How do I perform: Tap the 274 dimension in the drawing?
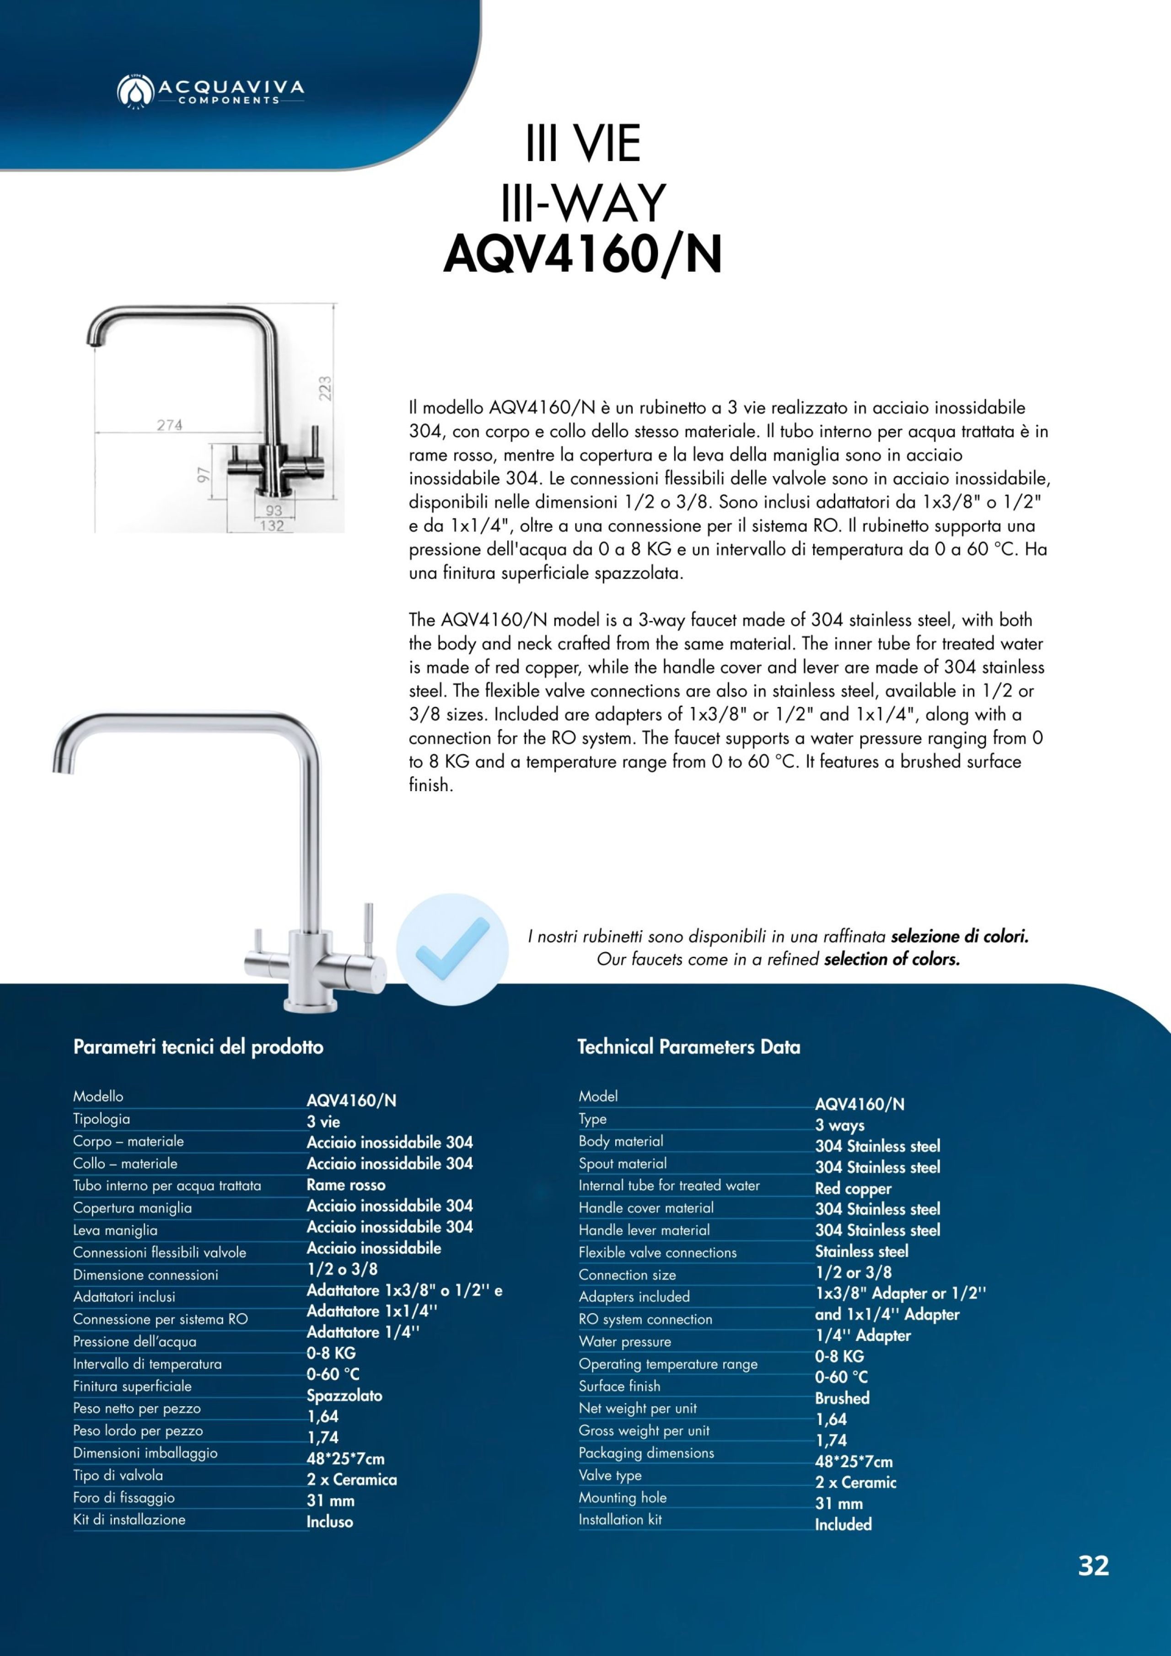[170, 425]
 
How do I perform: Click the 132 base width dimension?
[272, 526]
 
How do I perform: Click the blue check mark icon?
[452, 949]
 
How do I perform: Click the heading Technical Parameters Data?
[688, 1046]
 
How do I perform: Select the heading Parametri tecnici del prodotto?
[199, 1046]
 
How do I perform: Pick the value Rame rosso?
[346, 1184]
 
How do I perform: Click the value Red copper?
[853, 1188]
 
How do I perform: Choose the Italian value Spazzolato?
[344, 1395]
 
